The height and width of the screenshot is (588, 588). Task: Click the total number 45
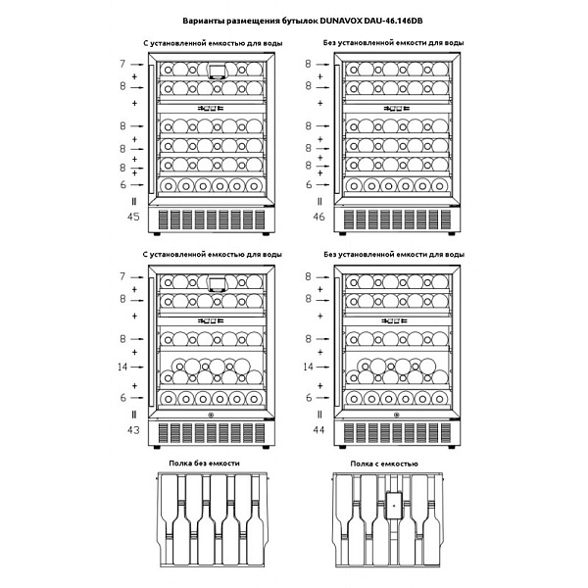click(132, 217)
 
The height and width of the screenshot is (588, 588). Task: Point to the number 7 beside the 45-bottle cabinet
click(123, 64)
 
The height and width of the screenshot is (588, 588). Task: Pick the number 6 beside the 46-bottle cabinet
click(308, 184)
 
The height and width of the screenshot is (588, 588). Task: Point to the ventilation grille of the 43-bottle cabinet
click(213, 431)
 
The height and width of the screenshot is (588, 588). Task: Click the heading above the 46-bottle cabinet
click(393, 44)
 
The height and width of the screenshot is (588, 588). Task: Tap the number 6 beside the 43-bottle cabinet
click(123, 397)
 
